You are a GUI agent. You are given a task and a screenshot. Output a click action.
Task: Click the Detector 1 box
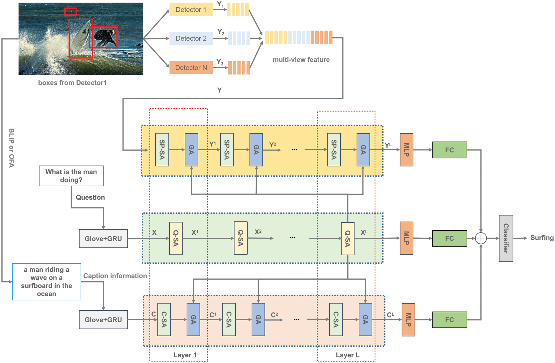[191, 10]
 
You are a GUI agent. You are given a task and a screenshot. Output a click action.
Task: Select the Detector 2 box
[191, 38]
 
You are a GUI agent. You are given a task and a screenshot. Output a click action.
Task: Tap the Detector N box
[191, 67]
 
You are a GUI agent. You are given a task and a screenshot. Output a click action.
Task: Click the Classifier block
[506, 238]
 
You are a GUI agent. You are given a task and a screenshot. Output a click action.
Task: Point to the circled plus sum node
[481, 238]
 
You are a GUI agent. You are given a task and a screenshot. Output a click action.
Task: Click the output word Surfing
[542, 238]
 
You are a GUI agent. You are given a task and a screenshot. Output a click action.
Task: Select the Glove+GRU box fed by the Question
[103, 239]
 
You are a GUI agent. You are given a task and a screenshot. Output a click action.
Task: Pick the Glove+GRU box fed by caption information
[103, 320]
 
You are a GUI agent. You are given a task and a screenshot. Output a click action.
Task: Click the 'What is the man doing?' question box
[71, 176]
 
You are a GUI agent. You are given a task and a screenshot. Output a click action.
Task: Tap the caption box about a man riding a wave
[47, 282]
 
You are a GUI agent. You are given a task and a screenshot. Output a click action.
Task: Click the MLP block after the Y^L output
[406, 150]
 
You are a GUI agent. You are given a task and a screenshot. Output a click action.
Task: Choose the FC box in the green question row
[449, 238]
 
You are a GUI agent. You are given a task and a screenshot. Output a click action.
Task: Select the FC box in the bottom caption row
[449, 320]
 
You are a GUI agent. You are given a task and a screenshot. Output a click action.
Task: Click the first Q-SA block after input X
[176, 238]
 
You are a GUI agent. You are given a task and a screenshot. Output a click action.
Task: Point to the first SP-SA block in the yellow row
[162, 150]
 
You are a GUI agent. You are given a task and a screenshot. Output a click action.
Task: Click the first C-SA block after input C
[164, 319]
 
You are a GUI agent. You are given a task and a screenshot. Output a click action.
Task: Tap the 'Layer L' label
[348, 355]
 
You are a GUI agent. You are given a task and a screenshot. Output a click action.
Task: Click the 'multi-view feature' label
[301, 60]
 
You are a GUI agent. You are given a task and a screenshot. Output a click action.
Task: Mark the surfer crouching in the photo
[105, 37]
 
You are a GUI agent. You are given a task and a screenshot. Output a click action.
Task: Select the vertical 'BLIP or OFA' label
[12, 148]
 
